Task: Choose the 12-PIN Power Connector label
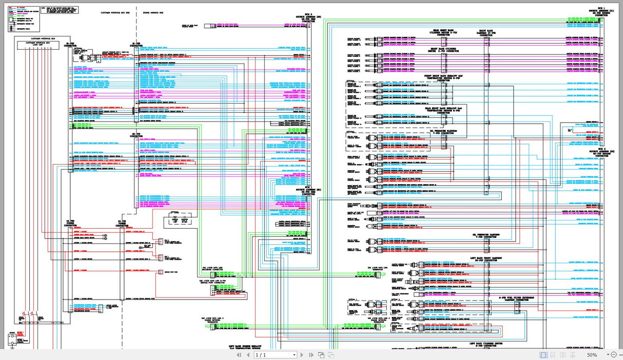point(123,224)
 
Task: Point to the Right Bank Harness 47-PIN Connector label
point(486,33)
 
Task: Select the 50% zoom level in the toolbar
point(592,355)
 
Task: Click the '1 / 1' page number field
point(275,355)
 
